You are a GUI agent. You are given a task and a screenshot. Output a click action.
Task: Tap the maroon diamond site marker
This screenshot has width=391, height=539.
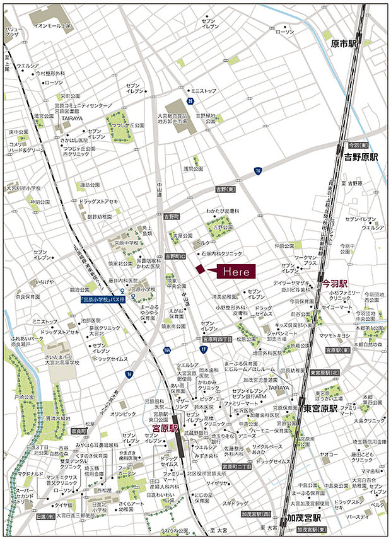[200, 269]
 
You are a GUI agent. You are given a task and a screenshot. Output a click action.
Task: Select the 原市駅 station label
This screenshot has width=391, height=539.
[344, 43]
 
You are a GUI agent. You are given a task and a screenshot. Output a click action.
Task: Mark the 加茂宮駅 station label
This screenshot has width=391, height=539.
[305, 517]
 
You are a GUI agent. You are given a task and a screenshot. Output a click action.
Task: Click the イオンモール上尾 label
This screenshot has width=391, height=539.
[54, 26]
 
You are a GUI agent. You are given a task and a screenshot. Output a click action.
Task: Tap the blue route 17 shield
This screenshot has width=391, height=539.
[203, 348]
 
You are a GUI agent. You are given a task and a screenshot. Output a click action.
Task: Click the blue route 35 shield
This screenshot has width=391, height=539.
[190, 100]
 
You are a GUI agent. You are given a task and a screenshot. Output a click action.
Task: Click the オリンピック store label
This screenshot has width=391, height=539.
[123, 414]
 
